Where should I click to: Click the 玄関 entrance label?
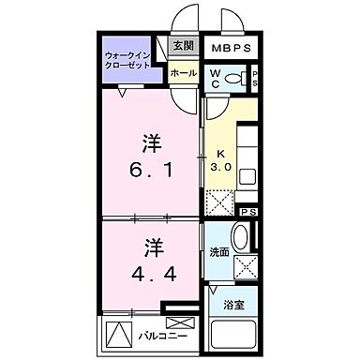coord(182,45)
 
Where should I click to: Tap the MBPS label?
coord(229,47)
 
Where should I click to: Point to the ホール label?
coord(184,72)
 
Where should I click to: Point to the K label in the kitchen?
coord(222,155)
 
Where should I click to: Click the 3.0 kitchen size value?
coord(222,168)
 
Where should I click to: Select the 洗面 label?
coord(220,251)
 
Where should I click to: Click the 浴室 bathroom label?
coord(232,306)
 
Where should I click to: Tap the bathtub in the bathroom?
coord(231,335)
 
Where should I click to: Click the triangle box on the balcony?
coord(117,334)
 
